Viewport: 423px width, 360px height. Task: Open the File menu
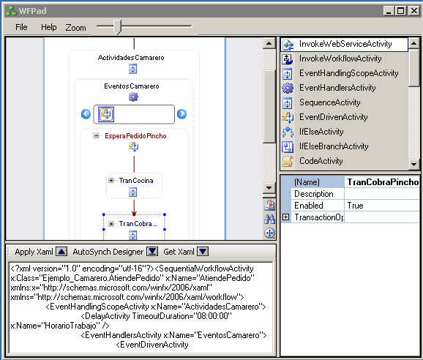[21, 27]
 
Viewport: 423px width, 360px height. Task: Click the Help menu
[49, 27]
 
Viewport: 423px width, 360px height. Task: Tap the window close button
[413, 11]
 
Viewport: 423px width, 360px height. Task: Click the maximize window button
[401, 11]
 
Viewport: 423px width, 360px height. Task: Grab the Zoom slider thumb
[117, 27]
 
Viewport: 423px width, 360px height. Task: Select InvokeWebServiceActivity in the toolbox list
[345, 44]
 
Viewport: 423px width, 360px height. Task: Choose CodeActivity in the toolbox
[321, 161]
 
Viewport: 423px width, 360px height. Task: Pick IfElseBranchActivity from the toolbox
[334, 146]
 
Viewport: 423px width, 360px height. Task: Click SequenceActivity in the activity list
[329, 102]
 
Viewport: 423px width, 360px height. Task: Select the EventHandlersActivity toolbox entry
[337, 88]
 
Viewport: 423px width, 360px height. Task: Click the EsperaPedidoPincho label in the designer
[135, 136]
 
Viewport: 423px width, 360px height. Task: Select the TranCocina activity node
[136, 181]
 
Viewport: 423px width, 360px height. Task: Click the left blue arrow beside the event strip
[86, 114]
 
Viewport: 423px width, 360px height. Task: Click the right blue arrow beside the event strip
[181, 114]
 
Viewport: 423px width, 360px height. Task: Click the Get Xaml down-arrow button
[203, 252]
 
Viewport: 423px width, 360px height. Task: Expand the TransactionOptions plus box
[285, 217]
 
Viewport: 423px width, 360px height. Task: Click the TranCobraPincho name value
[383, 182]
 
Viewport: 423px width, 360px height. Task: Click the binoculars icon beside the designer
[269, 219]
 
